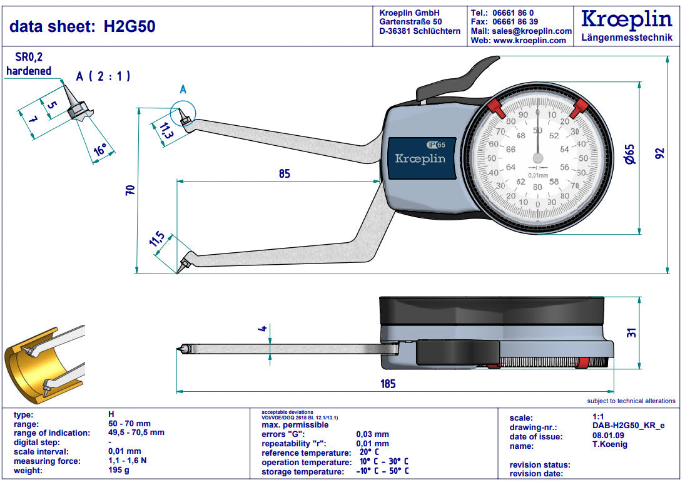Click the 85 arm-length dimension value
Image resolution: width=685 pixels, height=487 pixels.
pos(285,174)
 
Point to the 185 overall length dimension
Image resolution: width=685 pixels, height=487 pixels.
pos(388,384)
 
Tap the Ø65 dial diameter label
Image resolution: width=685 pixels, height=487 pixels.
pos(629,153)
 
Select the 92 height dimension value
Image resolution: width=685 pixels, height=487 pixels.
pos(659,153)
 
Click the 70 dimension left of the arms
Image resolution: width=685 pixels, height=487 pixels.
pos(130,190)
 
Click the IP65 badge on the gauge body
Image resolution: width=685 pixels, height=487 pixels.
pos(435,144)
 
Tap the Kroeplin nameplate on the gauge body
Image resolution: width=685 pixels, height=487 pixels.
pos(420,158)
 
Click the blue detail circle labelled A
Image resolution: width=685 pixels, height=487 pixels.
pos(183,114)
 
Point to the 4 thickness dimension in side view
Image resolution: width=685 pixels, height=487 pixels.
pos(263,328)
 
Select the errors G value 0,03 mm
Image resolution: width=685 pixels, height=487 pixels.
pos(372,434)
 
